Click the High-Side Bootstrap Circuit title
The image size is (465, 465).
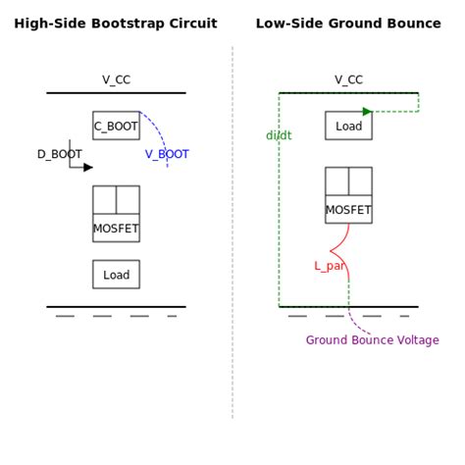point(116,23)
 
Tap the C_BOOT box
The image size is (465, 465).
point(116,126)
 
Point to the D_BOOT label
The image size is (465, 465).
point(59,154)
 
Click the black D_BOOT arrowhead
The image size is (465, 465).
point(88,167)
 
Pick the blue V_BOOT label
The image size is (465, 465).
point(167,154)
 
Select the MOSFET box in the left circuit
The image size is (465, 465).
point(116,214)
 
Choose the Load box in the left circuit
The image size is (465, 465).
point(116,275)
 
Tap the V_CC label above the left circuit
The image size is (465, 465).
point(116,79)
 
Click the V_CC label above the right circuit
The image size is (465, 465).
point(348,79)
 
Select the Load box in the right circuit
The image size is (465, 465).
point(348,126)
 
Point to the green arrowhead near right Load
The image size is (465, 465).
point(367,111)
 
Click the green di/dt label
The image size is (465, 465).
point(279,135)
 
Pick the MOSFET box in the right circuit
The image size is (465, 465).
point(348,195)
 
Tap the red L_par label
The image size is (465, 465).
point(329,266)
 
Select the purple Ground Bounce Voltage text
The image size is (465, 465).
point(372,340)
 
